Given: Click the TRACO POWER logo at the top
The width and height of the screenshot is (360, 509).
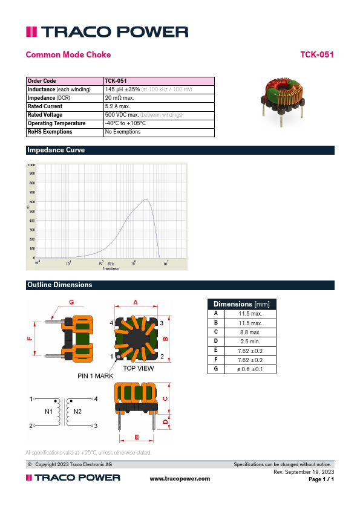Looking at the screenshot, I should [106, 32].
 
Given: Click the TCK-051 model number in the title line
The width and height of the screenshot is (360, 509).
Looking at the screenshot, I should [317, 55].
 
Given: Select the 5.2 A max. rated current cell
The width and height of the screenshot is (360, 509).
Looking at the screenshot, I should [121, 106].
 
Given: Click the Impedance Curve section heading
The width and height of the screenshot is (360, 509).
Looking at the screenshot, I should [56, 150].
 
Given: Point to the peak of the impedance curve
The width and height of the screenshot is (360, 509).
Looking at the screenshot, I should [146, 199].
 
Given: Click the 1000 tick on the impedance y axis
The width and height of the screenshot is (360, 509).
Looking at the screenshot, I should [31, 165].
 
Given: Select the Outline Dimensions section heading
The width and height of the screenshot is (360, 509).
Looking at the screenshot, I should [59, 285].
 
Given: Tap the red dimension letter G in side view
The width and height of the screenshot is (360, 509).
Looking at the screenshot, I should [71, 302].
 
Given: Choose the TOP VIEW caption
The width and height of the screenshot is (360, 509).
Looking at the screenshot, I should [138, 368].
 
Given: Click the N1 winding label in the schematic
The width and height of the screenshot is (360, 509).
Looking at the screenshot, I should [49, 412].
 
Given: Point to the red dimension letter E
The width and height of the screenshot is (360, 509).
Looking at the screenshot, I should [137, 436].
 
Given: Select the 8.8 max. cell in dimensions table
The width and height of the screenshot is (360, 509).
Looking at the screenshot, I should [249, 332].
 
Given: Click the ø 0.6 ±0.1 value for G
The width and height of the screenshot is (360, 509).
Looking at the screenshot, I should [249, 369].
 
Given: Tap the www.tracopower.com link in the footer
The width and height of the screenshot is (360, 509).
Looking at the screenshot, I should [180, 479].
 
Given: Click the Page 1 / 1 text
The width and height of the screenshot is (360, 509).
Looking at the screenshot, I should [321, 479].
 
